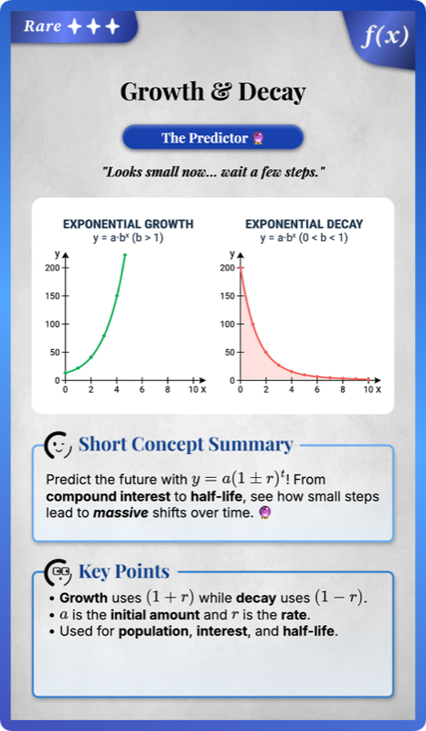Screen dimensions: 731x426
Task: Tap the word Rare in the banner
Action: (x=43, y=26)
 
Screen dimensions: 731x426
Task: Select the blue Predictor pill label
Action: (x=212, y=138)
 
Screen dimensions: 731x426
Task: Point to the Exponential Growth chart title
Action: (x=128, y=224)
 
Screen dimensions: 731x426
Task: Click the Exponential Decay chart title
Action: (x=304, y=224)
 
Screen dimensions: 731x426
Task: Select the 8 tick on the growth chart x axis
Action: (x=167, y=389)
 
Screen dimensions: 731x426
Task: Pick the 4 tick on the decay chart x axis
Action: (x=292, y=389)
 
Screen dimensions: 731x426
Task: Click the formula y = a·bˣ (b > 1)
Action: (x=128, y=238)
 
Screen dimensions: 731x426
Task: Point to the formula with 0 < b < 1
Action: (x=304, y=238)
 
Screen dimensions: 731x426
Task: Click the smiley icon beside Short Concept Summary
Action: (x=59, y=445)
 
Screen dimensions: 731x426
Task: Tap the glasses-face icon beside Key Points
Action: (x=59, y=572)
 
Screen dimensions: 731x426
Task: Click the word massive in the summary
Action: (x=131, y=514)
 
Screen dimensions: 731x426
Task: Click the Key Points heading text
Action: (x=123, y=572)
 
